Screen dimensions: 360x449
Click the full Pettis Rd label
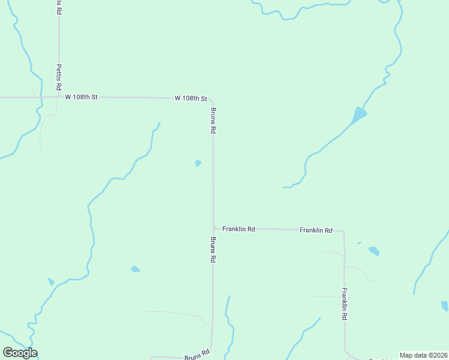(x=59, y=77)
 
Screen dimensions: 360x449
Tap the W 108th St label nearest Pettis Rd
(x=81, y=97)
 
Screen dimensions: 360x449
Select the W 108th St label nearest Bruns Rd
(x=191, y=98)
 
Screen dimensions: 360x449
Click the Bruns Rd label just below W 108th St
(x=213, y=120)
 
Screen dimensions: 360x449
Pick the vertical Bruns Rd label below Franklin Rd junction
(x=213, y=250)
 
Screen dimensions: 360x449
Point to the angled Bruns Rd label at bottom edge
(x=197, y=355)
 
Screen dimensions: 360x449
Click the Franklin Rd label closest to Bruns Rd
(x=239, y=229)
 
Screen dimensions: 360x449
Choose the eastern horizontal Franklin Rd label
(x=316, y=230)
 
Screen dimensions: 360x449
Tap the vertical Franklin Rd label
(x=345, y=304)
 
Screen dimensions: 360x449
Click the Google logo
(x=20, y=353)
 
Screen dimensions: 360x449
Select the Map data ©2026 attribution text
(x=424, y=355)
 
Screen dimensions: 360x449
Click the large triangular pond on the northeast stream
(x=358, y=115)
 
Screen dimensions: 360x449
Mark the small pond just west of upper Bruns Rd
(x=197, y=163)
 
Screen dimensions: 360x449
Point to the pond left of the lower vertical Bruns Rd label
(x=135, y=269)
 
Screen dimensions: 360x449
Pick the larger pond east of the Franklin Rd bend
(x=374, y=251)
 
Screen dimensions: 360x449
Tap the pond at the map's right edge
(x=445, y=305)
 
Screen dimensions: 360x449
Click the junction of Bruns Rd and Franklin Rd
(x=214, y=228)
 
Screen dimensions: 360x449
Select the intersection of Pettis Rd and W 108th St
(x=58, y=97)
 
